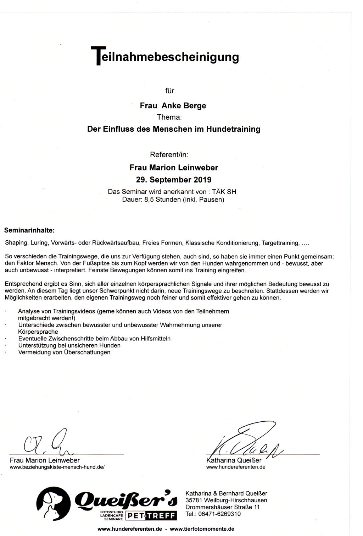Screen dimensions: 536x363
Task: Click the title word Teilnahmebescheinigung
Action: tap(165, 57)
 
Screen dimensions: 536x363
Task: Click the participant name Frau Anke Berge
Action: tap(173, 106)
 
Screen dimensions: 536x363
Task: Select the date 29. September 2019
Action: tap(173, 179)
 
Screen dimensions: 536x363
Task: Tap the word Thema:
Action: tap(169, 117)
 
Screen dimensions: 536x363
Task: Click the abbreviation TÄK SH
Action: tap(224, 192)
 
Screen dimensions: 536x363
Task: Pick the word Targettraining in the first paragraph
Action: tap(280, 243)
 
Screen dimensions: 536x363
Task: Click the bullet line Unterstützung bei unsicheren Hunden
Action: tap(69, 345)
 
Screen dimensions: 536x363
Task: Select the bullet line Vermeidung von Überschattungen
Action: tap(64, 352)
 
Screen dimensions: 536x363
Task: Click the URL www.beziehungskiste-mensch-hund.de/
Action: tap(57, 467)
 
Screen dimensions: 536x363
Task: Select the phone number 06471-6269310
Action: tap(220, 514)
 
